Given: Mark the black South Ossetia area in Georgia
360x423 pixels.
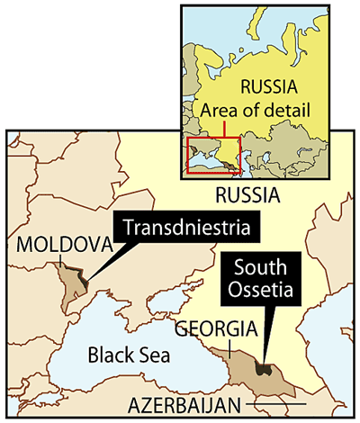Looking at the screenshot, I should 263,367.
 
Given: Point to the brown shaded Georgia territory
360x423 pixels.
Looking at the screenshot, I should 243,369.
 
